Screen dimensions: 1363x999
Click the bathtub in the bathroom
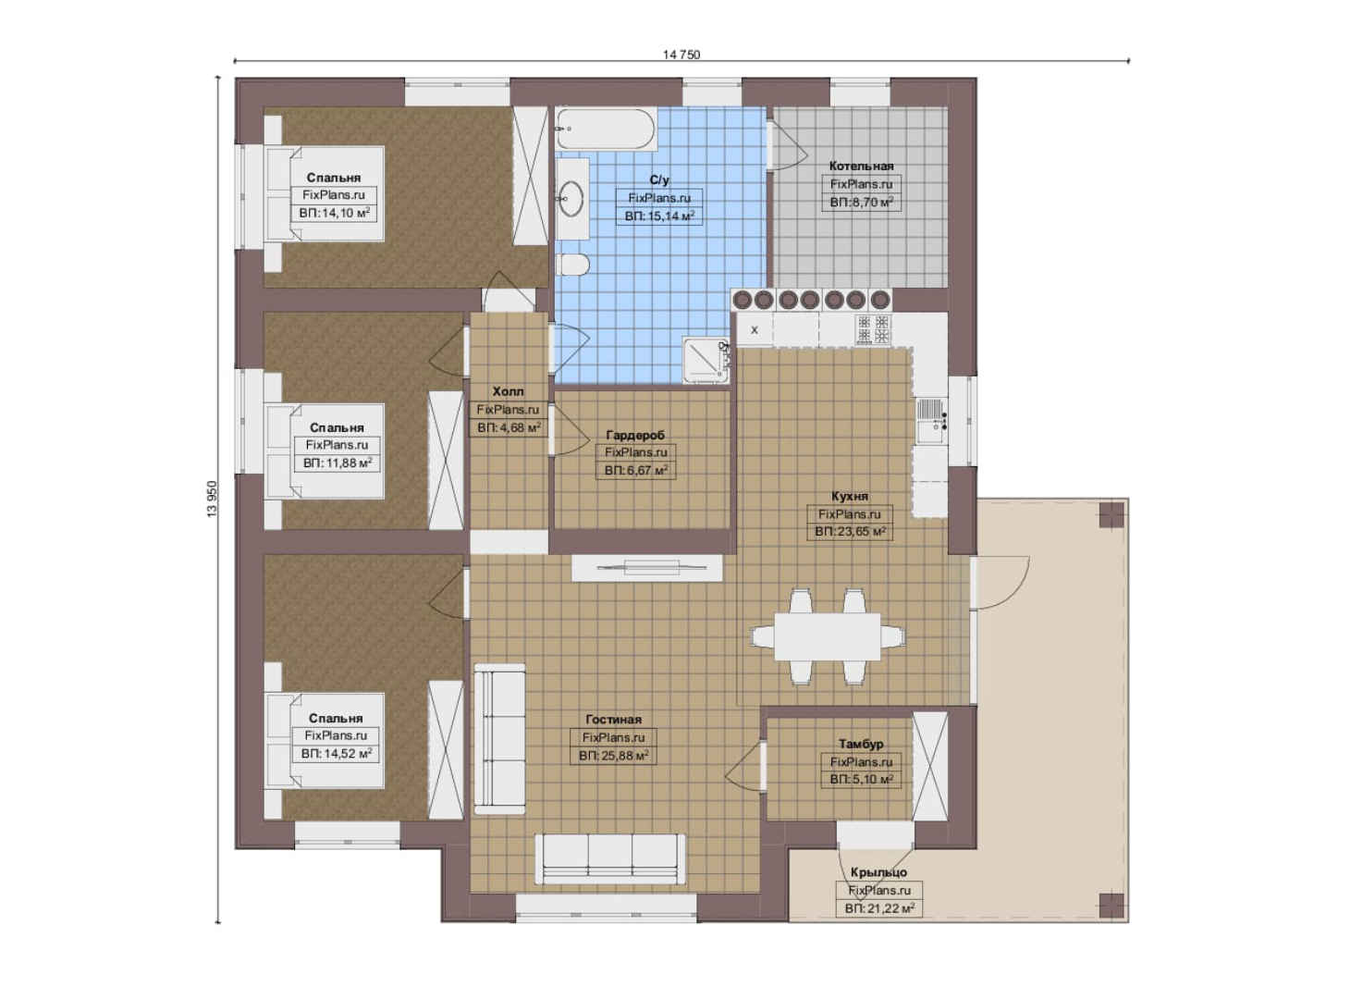point(606,129)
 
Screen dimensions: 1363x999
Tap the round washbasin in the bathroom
point(571,199)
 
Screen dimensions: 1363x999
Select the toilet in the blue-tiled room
point(572,265)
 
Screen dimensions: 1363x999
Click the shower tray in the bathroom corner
point(706,361)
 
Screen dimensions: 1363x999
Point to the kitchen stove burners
point(873,329)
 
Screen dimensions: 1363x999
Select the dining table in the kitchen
point(828,636)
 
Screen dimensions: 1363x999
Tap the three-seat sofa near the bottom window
point(610,859)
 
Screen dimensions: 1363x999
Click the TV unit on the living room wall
point(646,567)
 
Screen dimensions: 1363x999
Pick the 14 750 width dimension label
point(681,55)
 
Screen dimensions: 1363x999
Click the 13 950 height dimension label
point(212,499)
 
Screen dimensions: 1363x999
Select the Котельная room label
point(861,166)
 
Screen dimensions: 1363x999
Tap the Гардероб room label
point(635,435)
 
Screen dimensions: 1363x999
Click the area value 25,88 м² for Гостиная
point(613,756)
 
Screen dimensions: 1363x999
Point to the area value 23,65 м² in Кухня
point(850,532)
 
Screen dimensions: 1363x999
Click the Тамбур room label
point(861,744)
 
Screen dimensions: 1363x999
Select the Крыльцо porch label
point(878,872)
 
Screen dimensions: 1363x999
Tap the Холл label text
point(508,391)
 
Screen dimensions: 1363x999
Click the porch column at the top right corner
point(1111,515)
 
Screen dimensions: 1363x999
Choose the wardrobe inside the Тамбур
point(930,767)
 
